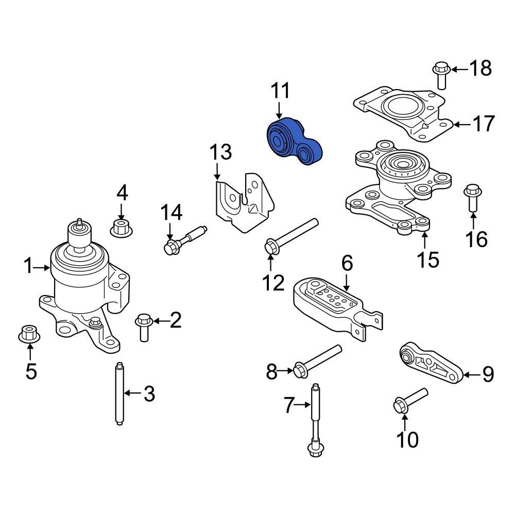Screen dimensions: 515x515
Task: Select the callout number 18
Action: [480, 68]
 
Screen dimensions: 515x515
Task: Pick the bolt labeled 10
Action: [410, 399]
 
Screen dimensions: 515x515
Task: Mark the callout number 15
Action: [427, 259]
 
